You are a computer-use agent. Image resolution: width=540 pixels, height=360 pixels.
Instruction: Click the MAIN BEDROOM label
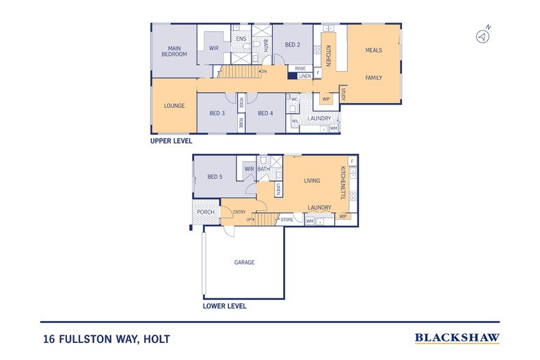pos(174,51)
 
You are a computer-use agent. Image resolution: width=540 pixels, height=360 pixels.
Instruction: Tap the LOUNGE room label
pos(174,106)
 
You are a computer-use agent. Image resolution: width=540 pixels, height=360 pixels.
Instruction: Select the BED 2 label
pos(293,45)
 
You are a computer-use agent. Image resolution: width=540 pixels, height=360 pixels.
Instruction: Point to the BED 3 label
pos(217,113)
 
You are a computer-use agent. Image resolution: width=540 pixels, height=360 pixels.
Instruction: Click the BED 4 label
pos(265,113)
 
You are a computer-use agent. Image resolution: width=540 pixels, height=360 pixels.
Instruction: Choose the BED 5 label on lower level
pos(215,177)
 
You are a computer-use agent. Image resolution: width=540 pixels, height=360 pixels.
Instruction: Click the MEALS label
pos(373,51)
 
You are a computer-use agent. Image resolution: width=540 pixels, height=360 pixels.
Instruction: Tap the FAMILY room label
pos(373,78)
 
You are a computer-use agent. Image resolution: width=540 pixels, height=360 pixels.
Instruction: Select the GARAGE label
pos(245,262)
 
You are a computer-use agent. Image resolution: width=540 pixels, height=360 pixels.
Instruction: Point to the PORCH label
pos(206,212)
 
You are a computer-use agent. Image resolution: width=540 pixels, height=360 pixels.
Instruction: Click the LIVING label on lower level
pos(312,181)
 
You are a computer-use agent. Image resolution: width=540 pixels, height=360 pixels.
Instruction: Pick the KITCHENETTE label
pos(343,182)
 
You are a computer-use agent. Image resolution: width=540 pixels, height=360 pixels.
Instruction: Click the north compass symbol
pos(483,36)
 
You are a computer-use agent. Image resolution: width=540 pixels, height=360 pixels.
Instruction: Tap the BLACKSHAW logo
pos(457,337)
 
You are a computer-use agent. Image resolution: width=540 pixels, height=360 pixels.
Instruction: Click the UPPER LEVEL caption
pos(172,141)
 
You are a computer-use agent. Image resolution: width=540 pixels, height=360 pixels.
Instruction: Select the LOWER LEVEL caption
pos(224,307)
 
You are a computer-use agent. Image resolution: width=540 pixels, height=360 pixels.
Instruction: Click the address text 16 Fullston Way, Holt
pos(106,338)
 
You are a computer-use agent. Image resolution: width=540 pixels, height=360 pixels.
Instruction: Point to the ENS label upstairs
pos(241,39)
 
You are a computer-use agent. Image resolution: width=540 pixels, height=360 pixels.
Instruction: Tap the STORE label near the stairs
pos(287,220)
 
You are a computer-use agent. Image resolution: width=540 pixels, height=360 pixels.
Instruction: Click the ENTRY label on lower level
pos(239,212)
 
